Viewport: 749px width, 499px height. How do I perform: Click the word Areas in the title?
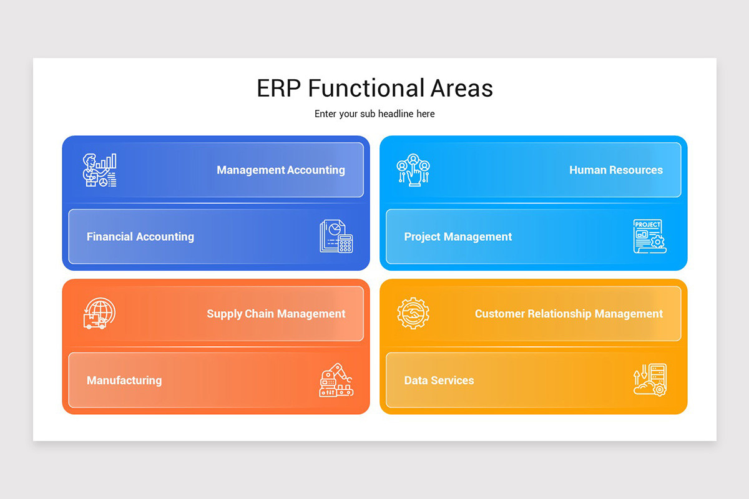(x=461, y=88)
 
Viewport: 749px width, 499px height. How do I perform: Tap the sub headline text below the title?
(x=374, y=114)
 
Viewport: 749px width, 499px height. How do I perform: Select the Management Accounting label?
(x=280, y=170)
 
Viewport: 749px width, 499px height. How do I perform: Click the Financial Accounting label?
(x=140, y=236)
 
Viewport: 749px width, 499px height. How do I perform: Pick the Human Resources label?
(x=615, y=170)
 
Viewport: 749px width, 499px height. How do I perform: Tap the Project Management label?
(x=458, y=236)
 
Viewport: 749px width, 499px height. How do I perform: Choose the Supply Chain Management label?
(x=276, y=314)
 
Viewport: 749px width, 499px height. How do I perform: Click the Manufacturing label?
(x=124, y=380)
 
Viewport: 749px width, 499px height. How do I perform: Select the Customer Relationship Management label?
(x=569, y=314)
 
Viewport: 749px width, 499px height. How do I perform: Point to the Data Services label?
(x=439, y=380)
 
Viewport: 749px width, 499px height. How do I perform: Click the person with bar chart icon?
(x=100, y=170)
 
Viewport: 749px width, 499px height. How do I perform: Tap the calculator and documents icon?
(x=336, y=236)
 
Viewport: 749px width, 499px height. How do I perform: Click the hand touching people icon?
(x=413, y=170)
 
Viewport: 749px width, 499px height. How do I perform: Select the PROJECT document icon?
(x=649, y=236)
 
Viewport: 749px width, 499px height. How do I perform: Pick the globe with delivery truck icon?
(x=99, y=314)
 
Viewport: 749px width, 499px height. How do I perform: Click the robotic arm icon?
(x=336, y=380)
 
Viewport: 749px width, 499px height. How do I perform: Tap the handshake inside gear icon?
(x=413, y=314)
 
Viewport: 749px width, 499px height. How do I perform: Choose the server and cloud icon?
(x=650, y=380)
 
